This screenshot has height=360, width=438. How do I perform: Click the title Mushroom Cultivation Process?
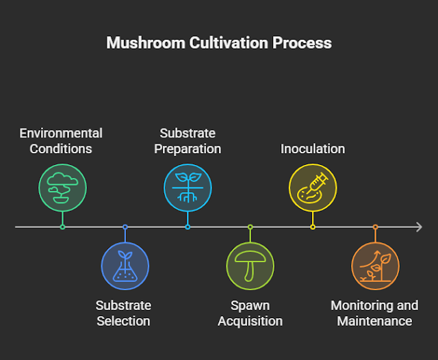pos(219,42)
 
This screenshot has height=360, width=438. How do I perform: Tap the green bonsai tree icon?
pos(62,187)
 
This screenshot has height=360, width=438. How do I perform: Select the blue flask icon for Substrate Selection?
pos(125,266)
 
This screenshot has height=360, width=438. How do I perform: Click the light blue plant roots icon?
pos(188,187)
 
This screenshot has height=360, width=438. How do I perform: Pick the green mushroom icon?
pos(250,266)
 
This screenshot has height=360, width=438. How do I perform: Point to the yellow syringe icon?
pos(313,187)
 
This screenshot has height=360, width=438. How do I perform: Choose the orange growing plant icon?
pos(375,266)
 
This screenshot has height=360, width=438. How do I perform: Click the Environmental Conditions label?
pos(61,140)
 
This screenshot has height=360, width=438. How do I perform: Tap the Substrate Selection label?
pos(123,313)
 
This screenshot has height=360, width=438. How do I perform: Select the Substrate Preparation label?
pos(188,140)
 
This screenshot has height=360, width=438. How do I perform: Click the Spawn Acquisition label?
pos(250,313)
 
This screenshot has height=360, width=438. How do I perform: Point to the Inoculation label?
pos(313,149)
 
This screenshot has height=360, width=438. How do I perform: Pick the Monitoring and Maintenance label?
pos(374,313)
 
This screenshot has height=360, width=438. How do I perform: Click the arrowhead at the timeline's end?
pos(419,227)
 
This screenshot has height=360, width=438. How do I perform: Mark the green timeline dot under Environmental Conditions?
pos(62,227)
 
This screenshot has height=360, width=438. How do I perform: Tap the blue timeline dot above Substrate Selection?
pos(125,227)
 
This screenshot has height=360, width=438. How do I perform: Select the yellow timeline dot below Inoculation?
pos(313,227)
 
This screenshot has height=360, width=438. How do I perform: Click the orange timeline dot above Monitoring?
pos(375,227)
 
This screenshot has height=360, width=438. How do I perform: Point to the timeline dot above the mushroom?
pos(250,227)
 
